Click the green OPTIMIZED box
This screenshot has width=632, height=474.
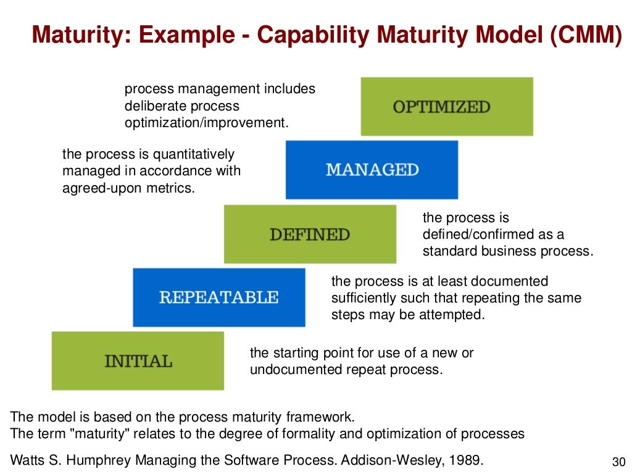pos(446,106)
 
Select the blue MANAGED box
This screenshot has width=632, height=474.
pos(372,170)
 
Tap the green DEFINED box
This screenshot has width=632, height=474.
pos(310,234)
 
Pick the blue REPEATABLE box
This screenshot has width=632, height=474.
pos(218,297)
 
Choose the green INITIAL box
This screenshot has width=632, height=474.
pos(138,360)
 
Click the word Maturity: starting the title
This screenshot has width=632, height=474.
pos(77,35)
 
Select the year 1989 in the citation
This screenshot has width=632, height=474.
pos(465,459)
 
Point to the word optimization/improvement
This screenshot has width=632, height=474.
pos(206,122)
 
